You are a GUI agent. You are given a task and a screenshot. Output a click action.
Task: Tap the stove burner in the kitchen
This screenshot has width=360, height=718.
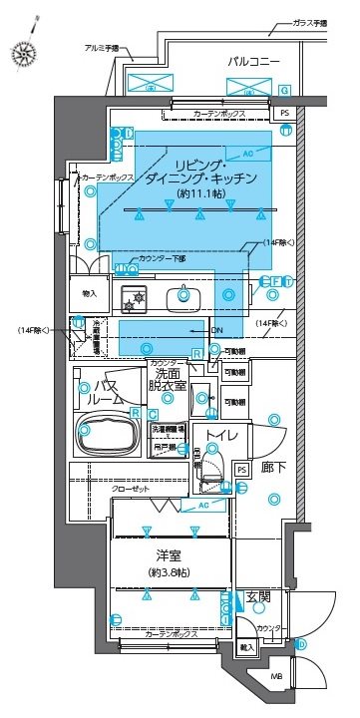coord(134,296)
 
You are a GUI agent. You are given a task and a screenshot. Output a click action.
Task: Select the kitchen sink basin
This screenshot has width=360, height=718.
coord(184,295)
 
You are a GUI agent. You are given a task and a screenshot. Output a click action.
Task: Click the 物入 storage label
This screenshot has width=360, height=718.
coord(89,293)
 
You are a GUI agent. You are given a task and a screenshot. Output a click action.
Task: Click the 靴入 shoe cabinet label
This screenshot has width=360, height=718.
coord(245,647)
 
